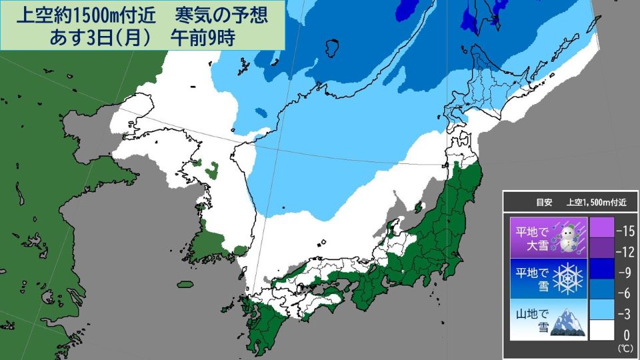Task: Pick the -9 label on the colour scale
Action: [x=625, y=272]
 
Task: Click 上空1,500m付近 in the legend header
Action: [x=597, y=200]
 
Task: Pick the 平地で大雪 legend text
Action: [x=531, y=239]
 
